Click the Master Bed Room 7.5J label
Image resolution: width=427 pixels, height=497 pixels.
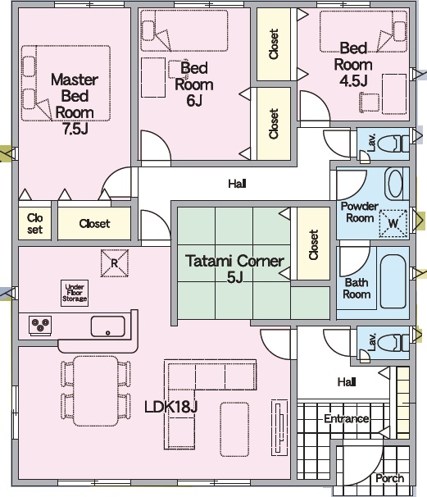click(x=75, y=103)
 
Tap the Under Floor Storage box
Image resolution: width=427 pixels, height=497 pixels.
click(x=75, y=293)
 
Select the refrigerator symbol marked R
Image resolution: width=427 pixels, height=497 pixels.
click(x=115, y=263)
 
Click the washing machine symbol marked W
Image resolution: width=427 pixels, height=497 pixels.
click(x=393, y=223)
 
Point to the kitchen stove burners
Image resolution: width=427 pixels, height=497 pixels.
click(x=40, y=325)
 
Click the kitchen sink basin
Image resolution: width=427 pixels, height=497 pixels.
click(x=107, y=326)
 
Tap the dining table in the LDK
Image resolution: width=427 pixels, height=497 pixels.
click(x=95, y=390)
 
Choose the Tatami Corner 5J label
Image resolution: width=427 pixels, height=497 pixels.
click(x=234, y=269)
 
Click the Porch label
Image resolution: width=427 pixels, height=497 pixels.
click(x=390, y=478)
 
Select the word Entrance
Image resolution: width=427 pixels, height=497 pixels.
click(x=346, y=418)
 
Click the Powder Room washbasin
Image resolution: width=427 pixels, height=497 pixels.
click(x=394, y=184)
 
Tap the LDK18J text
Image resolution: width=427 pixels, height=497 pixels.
click(x=171, y=406)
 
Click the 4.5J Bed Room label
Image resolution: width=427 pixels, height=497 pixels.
click(x=353, y=64)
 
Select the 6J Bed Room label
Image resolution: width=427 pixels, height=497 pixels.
click(x=194, y=84)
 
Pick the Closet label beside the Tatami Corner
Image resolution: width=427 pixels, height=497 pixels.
click(x=313, y=244)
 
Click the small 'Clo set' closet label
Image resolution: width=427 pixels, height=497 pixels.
click(x=35, y=223)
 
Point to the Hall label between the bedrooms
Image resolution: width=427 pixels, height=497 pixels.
click(x=237, y=184)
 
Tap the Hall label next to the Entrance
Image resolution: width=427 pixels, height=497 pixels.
click(x=347, y=381)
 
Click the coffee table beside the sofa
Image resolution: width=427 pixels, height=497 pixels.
click(x=234, y=429)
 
